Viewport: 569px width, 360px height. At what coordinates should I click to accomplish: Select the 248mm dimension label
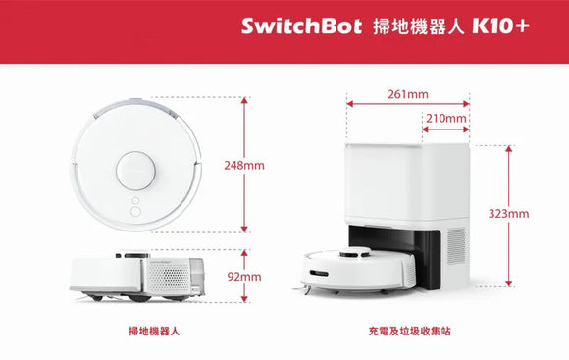[x=244, y=165]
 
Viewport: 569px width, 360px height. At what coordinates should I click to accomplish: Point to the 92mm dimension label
[x=244, y=277]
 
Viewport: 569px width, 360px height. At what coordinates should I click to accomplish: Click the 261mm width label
[x=408, y=95]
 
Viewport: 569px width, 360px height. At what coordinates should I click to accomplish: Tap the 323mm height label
[x=508, y=213]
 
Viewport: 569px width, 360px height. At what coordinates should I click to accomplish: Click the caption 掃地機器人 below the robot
[x=155, y=333]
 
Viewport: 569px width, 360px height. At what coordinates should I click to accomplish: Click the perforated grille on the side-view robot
[x=173, y=278]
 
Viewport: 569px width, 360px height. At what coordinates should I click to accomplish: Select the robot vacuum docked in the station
[x=354, y=269]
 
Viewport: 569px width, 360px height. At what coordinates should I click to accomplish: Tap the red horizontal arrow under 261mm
[x=408, y=105]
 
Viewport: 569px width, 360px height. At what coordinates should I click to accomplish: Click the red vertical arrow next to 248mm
[x=244, y=128]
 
